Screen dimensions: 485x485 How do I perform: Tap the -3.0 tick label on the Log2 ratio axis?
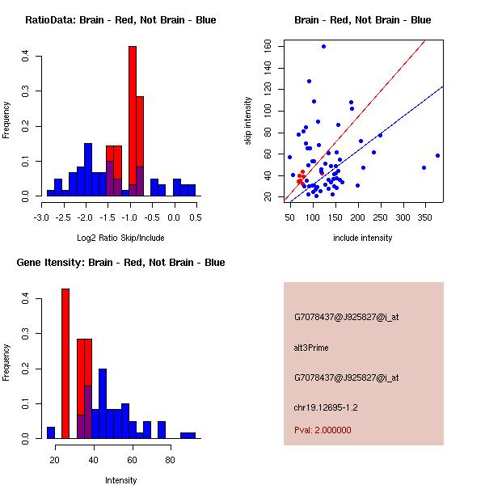[x=42, y=217]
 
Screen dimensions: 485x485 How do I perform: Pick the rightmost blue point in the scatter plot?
[x=437, y=155]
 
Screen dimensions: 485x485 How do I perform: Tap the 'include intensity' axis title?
[x=363, y=238]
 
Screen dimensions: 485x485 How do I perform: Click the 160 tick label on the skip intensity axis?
[x=269, y=46]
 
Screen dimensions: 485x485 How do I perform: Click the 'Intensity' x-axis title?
[x=120, y=480]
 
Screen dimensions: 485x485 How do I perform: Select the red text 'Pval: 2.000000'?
[x=323, y=430]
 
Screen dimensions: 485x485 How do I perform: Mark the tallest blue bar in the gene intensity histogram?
[x=103, y=403]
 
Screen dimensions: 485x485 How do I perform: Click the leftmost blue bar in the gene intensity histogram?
[x=51, y=432]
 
